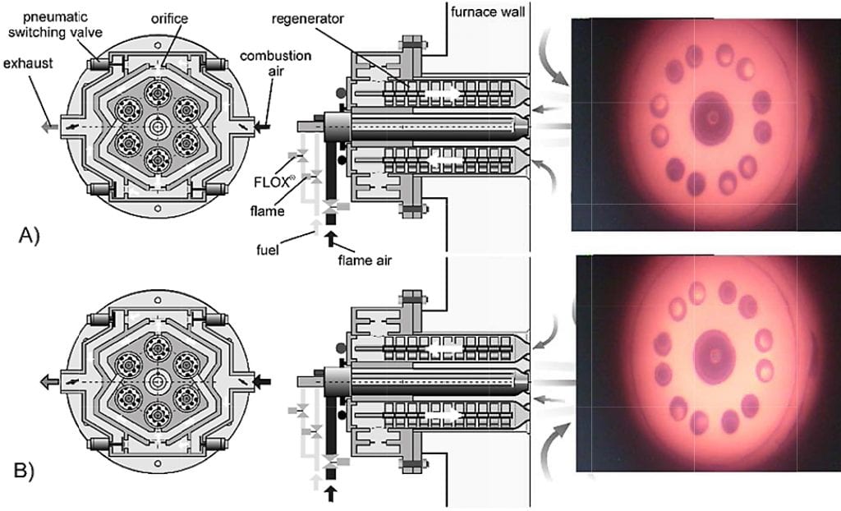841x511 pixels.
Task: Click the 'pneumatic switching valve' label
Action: tap(55, 25)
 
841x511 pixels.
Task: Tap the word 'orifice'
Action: tap(169, 19)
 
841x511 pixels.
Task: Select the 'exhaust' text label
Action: tap(28, 63)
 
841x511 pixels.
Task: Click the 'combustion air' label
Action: tap(275, 63)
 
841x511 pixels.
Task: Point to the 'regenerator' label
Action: tap(307, 20)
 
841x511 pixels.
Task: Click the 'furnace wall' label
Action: tap(488, 12)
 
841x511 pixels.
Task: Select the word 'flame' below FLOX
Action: tap(267, 210)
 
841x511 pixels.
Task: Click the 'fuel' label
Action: tap(268, 250)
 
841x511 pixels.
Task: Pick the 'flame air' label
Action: tap(365, 261)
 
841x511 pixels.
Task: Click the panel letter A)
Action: tap(29, 236)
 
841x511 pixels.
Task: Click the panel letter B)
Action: tap(24, 471)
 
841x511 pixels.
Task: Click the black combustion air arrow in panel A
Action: tap(263, 127)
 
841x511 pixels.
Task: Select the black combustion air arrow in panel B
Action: tap(263, 382)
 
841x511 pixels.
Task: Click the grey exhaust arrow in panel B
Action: tap(49, 382)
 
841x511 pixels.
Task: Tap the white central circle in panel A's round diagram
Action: tap(157, 127)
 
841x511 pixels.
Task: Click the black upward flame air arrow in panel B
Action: tap(331, 493)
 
